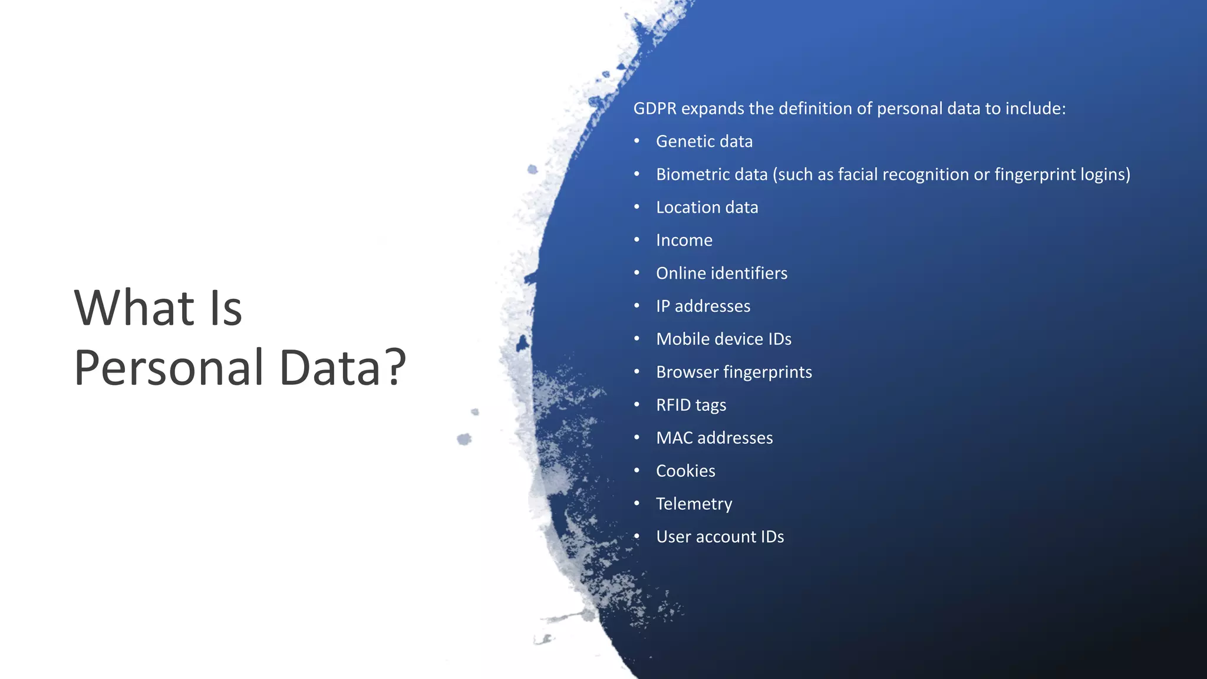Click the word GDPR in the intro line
[x=654, y=109]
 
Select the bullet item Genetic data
[x=704, y=142]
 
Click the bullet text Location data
[x=707, y=208]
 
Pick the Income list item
[x=684, y=240]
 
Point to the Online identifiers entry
[x=721, y=273]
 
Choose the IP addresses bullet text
[x=703, y=306]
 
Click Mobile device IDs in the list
[x=723, y=339]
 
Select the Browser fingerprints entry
[x=734, y=373]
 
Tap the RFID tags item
[x=691, y=406]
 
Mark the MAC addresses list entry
[x=714, y=438]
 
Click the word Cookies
[x=685, y=471]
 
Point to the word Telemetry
[x=694, y=504]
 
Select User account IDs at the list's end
[x=720, y=537]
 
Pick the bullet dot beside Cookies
[x=637, y=470]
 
